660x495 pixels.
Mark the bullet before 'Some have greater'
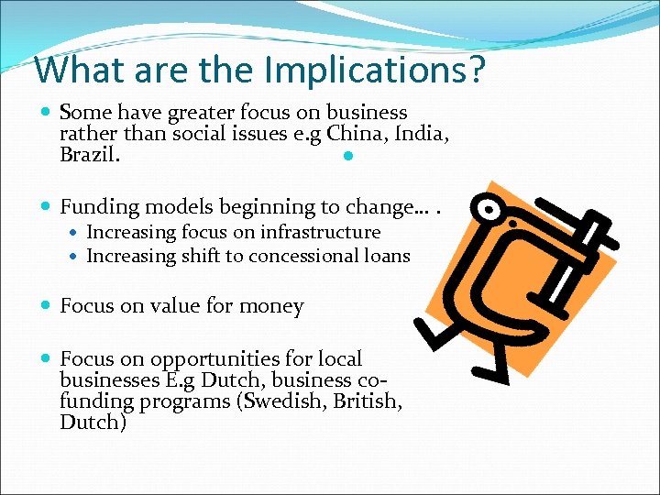(x=47, y=113)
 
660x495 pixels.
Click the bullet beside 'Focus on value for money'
(x=47, y=306)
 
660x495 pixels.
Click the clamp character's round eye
(x=492, y=210)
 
